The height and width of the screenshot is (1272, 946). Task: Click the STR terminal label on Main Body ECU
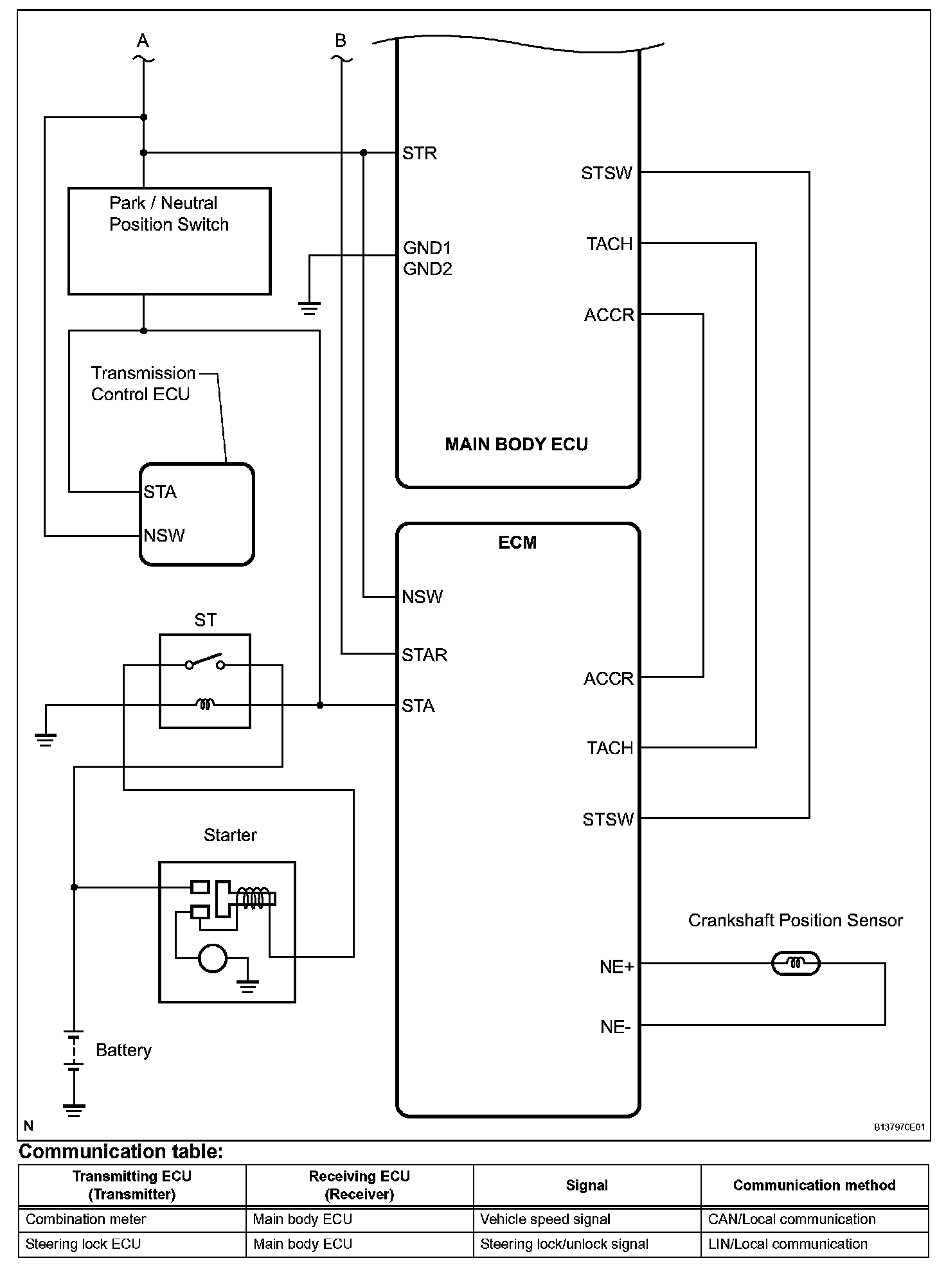click(x=419, y=153)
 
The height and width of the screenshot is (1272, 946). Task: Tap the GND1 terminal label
click(x=427, y=247)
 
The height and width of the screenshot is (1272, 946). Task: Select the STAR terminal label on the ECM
click(x=424, y=655)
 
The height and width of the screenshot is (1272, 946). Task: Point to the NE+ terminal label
click(x=616, y=966)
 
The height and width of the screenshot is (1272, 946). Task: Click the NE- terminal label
click(x=615, y=1027)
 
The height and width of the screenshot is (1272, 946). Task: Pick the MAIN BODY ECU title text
click(x=516, y=445)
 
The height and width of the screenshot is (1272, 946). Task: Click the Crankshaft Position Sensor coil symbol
click(x=796, y=963)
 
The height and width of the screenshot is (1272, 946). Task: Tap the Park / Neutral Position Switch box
click(x=169, y=241)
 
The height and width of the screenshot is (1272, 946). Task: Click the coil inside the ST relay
click(x=205, y=705)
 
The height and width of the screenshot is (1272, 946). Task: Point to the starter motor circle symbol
click(x=213, y=958)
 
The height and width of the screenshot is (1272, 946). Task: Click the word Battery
click(x=123, y=1050)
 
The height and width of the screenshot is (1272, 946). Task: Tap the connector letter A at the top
click(x=143, y=41)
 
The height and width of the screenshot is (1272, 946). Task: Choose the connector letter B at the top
click(x=341, y=41)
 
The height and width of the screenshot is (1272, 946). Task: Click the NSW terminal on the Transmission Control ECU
click(x=164, y=535)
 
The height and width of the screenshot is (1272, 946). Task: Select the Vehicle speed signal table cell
click(x=545, y=1219)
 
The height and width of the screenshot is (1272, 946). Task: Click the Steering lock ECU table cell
click(x=83, y=1244)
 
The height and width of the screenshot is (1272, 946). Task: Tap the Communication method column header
click(x=814, y=1185)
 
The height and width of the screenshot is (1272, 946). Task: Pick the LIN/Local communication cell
click(x=787, y=1244)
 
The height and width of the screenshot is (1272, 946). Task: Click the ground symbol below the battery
click(x=74, y=1109)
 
